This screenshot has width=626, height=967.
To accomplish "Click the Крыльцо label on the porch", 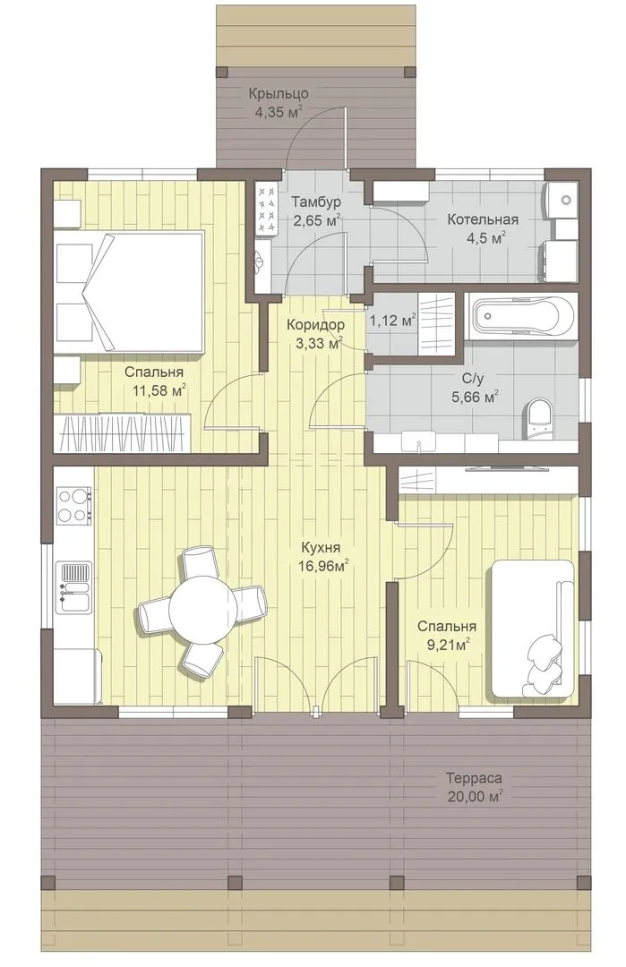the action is coord(279,94).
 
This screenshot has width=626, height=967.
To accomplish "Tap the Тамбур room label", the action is coord(316,201).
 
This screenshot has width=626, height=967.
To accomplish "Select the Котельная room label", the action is coord(483,219).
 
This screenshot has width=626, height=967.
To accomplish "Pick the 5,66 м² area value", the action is coord(475,398).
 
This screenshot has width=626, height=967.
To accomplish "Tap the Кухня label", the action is coord(321,548).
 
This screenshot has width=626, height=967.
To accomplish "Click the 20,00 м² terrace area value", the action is coord(475,796).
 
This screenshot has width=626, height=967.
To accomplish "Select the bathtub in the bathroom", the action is coord(521,316).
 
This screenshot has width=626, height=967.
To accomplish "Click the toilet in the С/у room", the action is coord(540,419).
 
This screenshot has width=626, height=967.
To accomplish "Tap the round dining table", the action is coord(202,606).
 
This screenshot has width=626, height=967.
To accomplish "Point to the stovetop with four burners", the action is coord(74,503).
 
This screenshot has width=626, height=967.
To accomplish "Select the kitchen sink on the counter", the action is coord(74,587).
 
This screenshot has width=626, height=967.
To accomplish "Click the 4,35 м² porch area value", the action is coord(279,112).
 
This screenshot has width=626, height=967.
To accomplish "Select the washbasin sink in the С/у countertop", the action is coord(419,442).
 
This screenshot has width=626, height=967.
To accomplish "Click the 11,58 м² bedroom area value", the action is coord(159,390).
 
